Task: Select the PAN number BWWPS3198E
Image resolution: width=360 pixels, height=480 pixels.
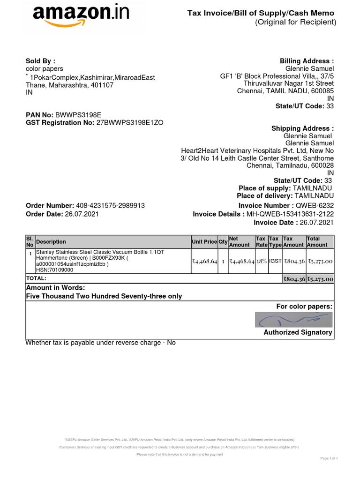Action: tap(78, 114)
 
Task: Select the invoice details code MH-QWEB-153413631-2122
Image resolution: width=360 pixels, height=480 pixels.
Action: tap(290, 214)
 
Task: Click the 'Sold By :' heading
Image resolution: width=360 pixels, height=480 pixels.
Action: tap(40, 61)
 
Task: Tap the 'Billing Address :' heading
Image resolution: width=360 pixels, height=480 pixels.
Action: tap(307, 61)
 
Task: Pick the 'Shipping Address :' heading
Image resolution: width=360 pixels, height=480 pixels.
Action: tap(302, 128)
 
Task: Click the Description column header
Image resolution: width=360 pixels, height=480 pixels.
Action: tap(51, 242)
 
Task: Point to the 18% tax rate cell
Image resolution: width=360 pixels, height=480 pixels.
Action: tap(262, 261)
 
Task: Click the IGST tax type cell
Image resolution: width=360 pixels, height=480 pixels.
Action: tap(275, 261)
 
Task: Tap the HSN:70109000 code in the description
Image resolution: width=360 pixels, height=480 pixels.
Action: tap(55, 270)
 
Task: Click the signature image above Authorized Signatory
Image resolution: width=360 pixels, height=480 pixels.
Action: tap(294, 319)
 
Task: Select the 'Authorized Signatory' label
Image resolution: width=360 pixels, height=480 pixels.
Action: tap(298, 332)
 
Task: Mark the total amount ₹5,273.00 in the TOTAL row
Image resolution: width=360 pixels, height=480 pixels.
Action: tap(320, 279)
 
